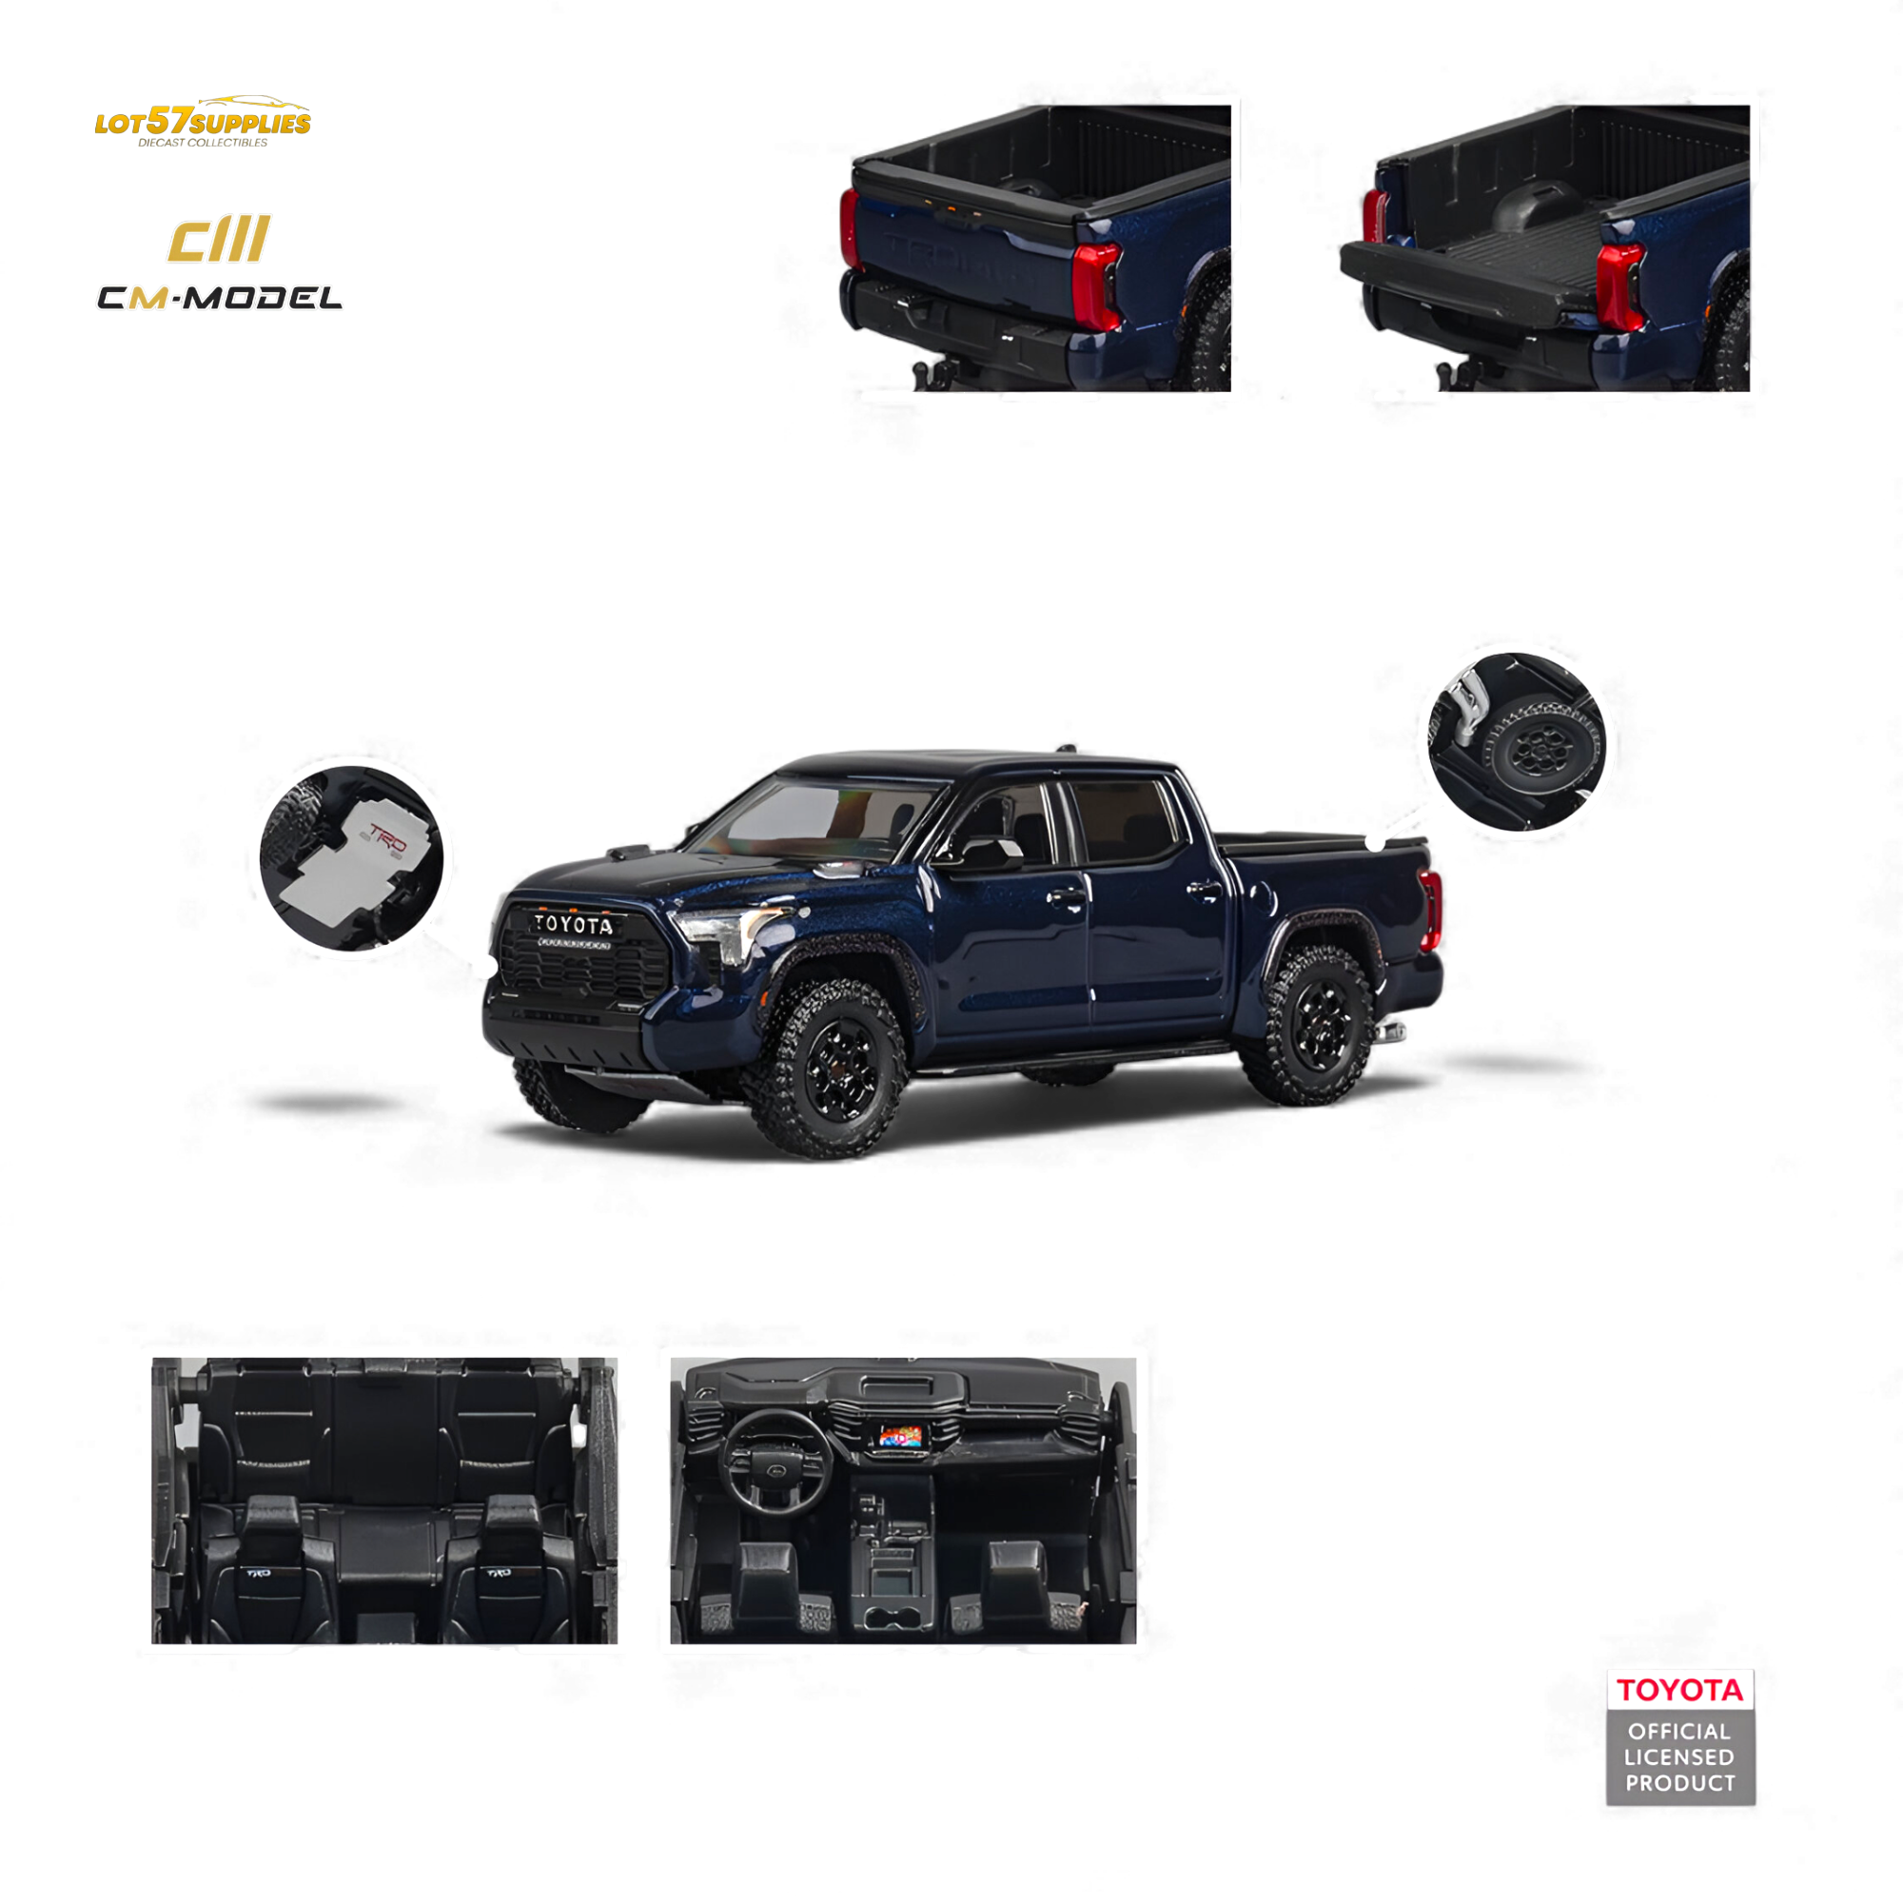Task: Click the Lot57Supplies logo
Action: [203, 122]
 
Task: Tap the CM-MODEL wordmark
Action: [220, 298]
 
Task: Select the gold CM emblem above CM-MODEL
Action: [219, 240]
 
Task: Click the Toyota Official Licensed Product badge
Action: [1680, 1736]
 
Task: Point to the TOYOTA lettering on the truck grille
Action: [573, 925]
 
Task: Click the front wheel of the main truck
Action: [830, 1067]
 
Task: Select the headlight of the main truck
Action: [727, 932]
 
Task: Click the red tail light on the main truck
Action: [1431, 909]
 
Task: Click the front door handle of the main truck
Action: [1067, 897]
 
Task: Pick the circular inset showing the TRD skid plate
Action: [352, 858]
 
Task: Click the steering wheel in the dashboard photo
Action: [775, 1461]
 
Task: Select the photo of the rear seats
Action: [384, 1501]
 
